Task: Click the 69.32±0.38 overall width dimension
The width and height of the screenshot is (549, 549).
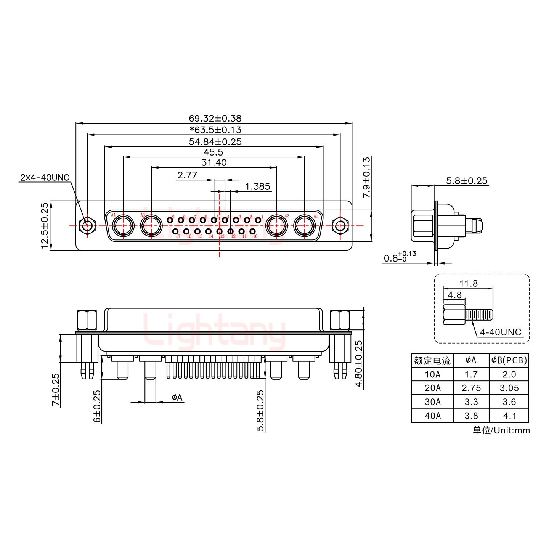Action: [215, 118]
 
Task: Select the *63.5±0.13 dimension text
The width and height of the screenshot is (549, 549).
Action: [215, 130]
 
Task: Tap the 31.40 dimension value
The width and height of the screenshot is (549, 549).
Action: [214, 162]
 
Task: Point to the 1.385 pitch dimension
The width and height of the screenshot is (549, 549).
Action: [257, 186]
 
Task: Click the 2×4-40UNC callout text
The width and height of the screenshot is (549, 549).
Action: [45, 178]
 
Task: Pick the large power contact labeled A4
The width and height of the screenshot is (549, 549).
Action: [123, 226]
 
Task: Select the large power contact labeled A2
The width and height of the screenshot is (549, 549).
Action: [276, 226]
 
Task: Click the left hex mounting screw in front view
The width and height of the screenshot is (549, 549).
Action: [87, 226]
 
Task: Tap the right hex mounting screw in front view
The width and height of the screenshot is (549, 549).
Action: [339, 226]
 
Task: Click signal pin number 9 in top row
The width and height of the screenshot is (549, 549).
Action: [170, 220]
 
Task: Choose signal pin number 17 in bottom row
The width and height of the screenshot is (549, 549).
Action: [175, 231]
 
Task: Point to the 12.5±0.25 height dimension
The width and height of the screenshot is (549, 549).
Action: [45, 226]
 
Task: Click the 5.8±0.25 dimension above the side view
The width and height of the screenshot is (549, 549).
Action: [467, 181]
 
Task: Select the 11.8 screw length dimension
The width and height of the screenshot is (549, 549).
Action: [468, 283]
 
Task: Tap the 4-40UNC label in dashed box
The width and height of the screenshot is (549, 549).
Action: [500, 332]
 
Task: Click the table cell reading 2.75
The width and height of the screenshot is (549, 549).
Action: [471, 388]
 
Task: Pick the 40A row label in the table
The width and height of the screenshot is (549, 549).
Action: [432, 416]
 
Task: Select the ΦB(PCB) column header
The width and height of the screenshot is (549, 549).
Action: [509, 360]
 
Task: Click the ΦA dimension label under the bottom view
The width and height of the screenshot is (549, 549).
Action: [177, 398]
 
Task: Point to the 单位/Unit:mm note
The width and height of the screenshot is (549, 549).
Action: [501, 430]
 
